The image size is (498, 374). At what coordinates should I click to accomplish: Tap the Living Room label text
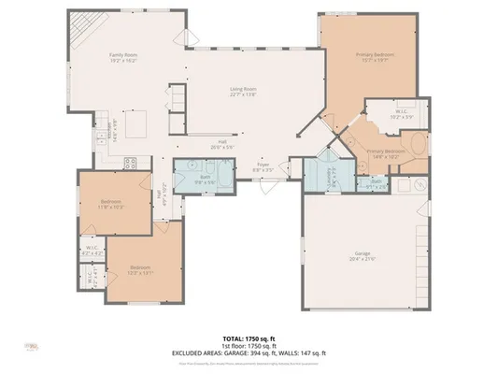click(x=244, y=91)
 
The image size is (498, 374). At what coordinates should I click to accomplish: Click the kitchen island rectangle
click(x=138, y=123)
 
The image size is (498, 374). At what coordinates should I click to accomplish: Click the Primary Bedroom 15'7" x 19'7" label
click(x=373, y=56)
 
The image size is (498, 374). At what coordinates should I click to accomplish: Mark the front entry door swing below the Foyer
click(x=268, y=185)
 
